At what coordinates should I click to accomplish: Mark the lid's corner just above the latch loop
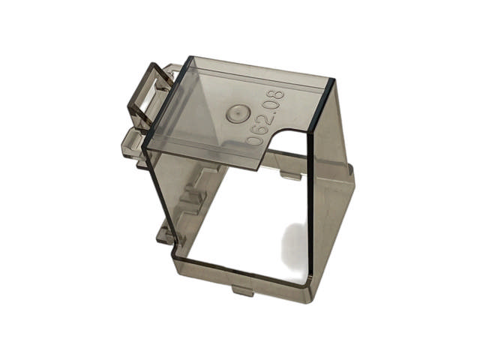click(187, 58)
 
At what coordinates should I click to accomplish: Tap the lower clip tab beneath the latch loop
click(129, 142)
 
